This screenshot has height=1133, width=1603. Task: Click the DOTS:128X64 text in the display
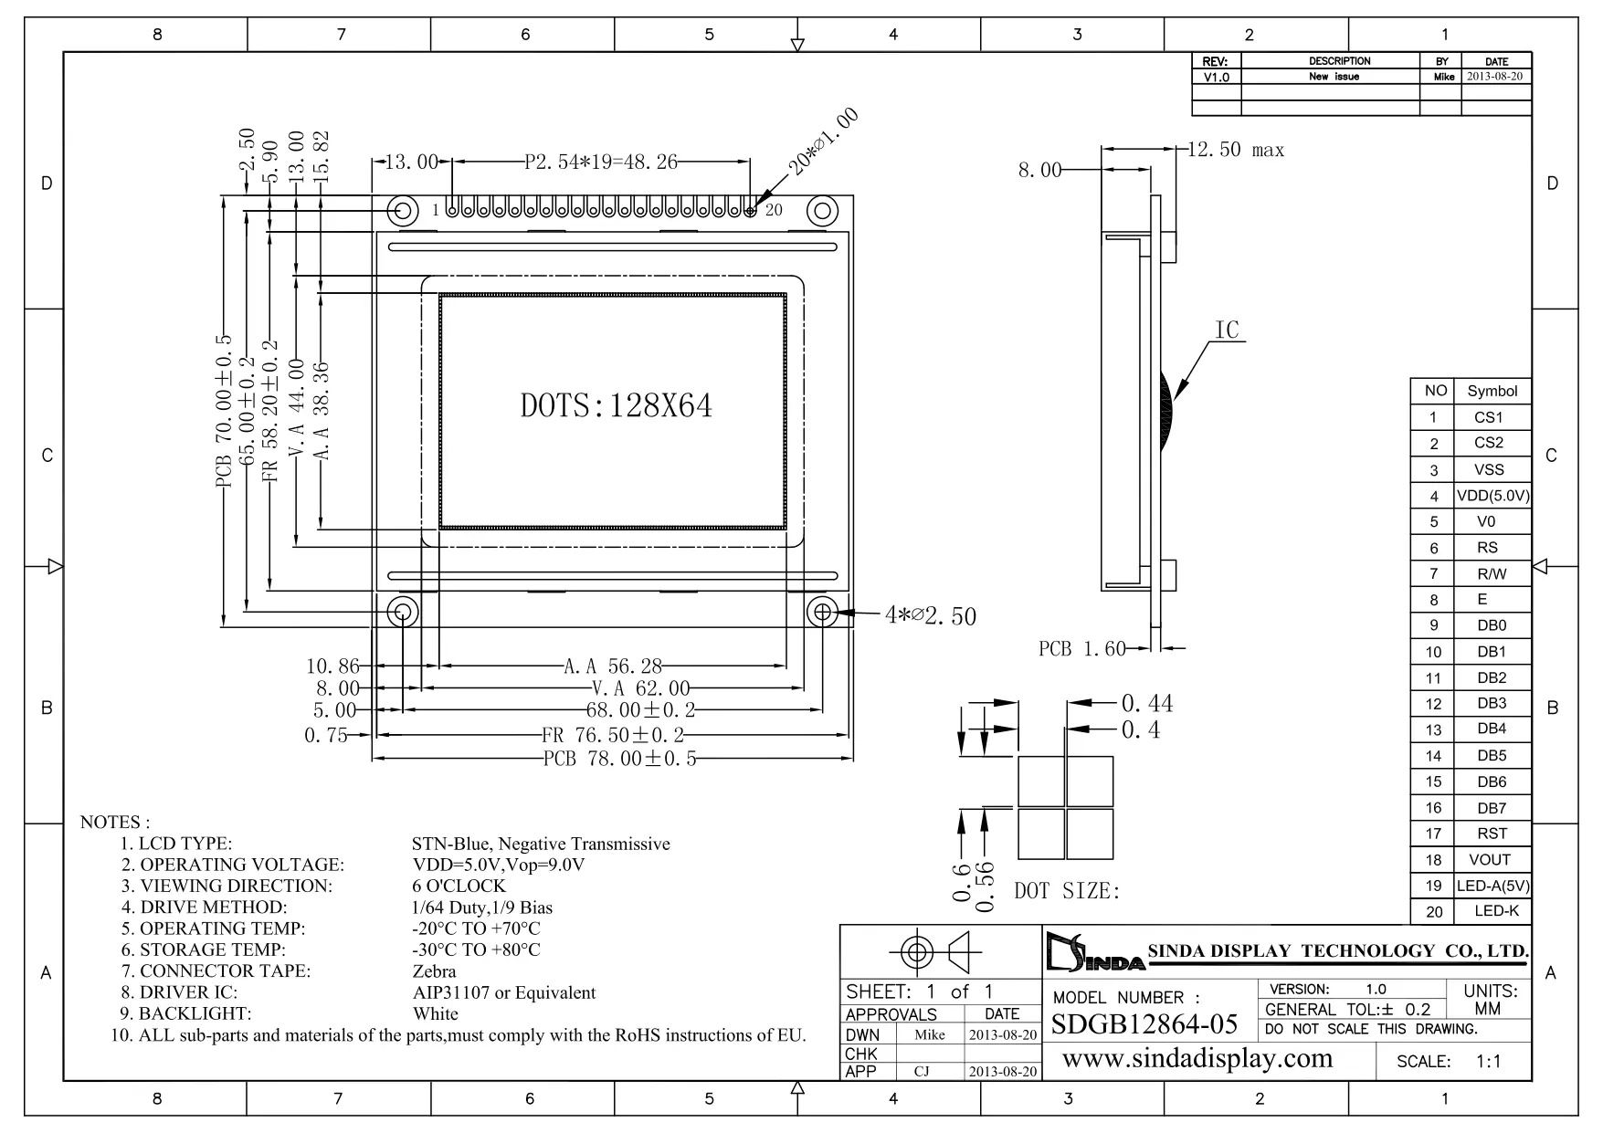pos(616,406)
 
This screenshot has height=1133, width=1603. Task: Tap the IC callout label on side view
pos(1227,330)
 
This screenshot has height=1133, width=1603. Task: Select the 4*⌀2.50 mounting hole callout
pos(930,616)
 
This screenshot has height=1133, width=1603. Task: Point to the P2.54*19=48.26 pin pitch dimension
pos(601,163)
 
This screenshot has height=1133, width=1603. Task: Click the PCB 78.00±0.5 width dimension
pos(619,759)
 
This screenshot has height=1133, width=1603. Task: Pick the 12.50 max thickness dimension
pos(1235,151)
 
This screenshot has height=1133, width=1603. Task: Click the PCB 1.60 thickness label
pos(1081,649)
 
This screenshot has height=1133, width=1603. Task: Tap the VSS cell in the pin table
pos(1489,469)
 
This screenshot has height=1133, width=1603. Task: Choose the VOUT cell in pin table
pos(1490,860)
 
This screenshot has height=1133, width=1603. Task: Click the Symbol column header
pos(1492,391)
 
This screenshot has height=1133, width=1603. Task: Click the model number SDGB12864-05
pos(1144,1024)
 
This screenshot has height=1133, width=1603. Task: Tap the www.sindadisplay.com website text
pos(1197,1059)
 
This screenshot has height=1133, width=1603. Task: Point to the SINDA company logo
pos(1093,952)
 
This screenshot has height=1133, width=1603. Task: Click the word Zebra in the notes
pos(434,971)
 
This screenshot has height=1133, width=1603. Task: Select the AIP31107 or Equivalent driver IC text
pos(503,992)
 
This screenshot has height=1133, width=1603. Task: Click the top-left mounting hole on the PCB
pos(403,211)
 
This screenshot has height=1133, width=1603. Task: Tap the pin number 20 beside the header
pos(774,210)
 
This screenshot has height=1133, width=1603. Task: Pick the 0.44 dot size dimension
pos(1147,703)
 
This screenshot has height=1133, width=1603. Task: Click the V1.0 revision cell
pos(1216,78)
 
